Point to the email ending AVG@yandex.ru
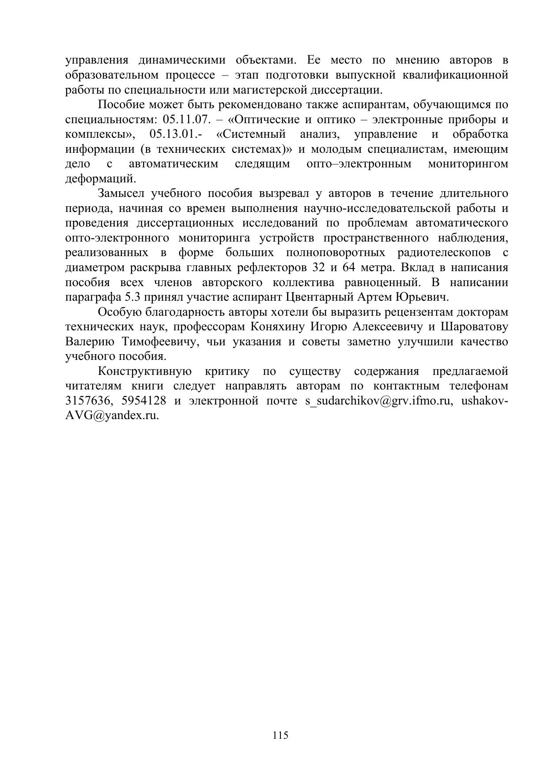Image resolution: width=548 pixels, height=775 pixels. (112, 416)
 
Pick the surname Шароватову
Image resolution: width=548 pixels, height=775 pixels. (475, 327)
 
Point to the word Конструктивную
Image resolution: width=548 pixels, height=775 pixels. (144, 371)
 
